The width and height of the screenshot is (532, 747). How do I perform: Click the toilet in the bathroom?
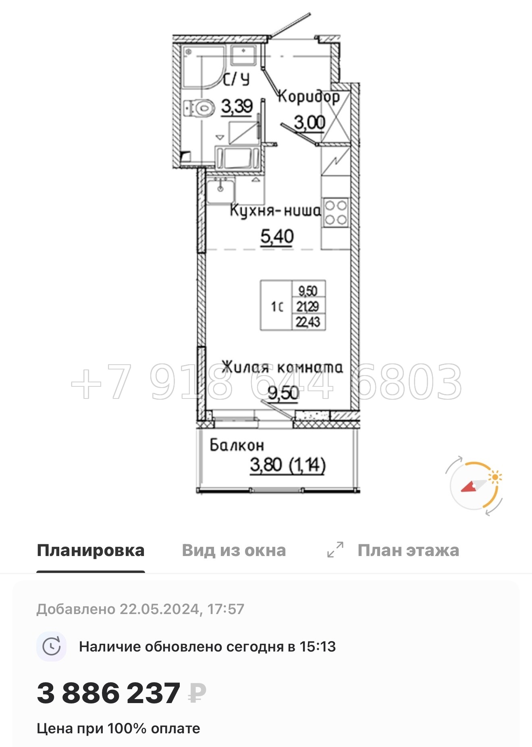(200, 108)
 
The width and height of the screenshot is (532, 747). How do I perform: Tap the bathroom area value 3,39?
(237, 107)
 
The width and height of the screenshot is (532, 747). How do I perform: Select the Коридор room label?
(309, 97)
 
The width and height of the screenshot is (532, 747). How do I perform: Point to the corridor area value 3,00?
(309, 122)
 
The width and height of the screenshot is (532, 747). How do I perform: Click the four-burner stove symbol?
(336, 212)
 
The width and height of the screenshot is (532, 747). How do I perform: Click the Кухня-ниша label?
(275, 210)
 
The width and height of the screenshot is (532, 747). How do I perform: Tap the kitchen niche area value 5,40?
(277, 237)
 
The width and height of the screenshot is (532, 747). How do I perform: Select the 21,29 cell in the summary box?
(308, 306)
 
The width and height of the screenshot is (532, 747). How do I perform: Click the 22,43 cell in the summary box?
(308, 322)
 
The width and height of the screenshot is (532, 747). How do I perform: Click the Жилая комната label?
(282, 367)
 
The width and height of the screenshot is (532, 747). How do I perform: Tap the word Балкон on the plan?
(237, 445)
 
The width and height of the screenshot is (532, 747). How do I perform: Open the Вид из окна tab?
(234, 550)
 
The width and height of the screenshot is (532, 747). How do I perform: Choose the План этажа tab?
(408, 550)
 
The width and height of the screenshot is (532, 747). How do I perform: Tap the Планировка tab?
(91, 550)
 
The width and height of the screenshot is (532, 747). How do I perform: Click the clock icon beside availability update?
(52, 647)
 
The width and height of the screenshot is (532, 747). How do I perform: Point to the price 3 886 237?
(108, 693)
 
